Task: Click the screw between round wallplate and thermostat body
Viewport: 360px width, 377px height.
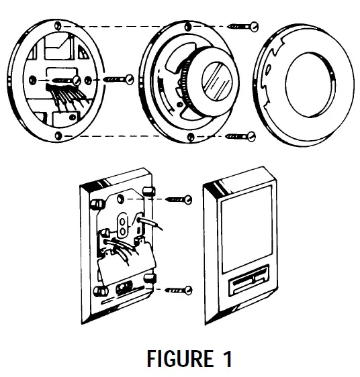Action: (x=118, y=80)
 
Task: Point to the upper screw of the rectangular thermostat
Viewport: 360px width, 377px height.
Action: (x=178, y=199)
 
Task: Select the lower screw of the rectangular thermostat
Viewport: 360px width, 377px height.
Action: (x=179, y=290)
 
